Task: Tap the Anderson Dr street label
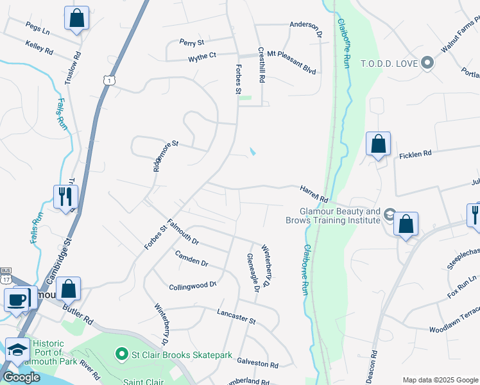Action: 305,25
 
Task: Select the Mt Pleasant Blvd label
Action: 291,54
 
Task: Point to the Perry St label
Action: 191,42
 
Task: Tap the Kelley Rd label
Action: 39,46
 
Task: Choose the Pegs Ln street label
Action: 37,27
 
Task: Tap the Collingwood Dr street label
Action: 193,286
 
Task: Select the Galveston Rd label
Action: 257,364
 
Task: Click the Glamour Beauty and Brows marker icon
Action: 390,213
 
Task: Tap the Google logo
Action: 21,377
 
